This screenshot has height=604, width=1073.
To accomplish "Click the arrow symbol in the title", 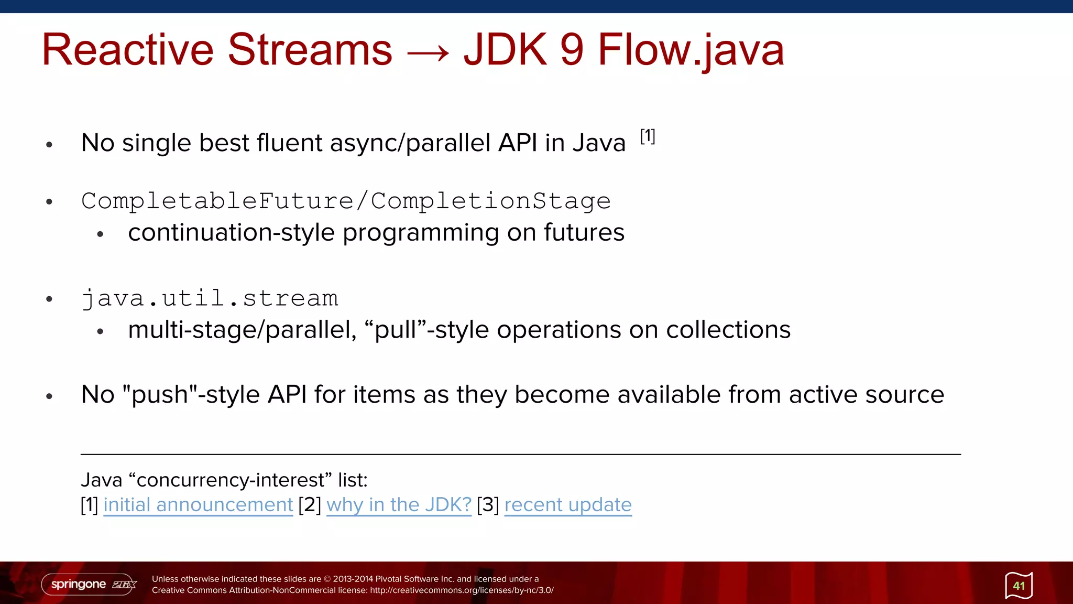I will pos(428,52).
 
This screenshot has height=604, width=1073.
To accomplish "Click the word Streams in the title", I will pos(310,50).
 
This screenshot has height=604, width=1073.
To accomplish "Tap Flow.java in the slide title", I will pos(691,50).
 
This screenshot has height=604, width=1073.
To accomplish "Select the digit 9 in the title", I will pos(571,50).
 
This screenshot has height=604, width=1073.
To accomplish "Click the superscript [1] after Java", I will pos(648,136).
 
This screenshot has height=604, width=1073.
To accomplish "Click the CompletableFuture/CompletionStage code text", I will pos(346,201).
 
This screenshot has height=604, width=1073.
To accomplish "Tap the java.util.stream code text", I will pos(210,298).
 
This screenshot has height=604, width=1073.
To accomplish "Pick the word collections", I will pos(728,330).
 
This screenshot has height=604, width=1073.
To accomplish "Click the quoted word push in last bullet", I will pos(160,394).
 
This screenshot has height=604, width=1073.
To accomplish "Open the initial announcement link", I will pos(198,505).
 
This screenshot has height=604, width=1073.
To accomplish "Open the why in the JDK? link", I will pos(399,505).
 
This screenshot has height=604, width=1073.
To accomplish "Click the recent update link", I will pos(568,505).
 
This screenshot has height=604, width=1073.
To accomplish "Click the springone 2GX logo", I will pos(89,584).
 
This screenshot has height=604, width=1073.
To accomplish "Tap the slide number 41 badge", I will pos(1019,586).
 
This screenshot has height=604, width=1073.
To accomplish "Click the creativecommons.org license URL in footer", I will pos(462,590).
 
